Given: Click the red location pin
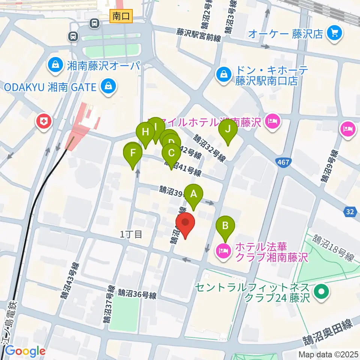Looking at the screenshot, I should pos(185,223).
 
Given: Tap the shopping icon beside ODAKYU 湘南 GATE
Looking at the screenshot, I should pos(108,87).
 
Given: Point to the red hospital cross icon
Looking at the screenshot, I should pos(44,121).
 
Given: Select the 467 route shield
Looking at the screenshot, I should pos(284,162).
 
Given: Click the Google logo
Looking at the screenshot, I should pos(25,351).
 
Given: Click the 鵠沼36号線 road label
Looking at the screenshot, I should pos(137,293).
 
